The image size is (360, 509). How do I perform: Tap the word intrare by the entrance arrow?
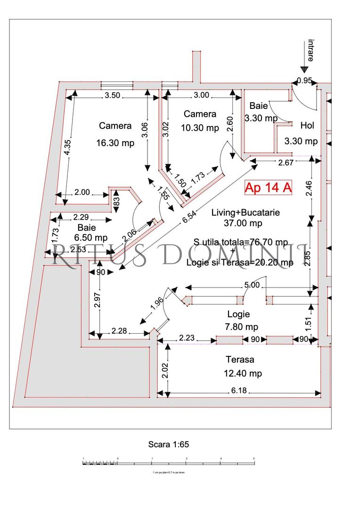click(311, 50)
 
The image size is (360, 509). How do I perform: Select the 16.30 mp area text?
click(115, 143)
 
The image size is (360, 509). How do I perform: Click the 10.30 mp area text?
click(200, 128)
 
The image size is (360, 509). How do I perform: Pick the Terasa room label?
click(240, 360)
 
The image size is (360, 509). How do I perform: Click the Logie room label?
click(238, 314)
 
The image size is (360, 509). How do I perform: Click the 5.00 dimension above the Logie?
click(251, 285)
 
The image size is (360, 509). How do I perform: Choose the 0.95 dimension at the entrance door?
click(305, 81)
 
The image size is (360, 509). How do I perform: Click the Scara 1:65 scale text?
click(169, 444)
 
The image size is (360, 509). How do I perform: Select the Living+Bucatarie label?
click(245, 213)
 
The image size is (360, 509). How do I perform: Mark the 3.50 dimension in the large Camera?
click(113, 95)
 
